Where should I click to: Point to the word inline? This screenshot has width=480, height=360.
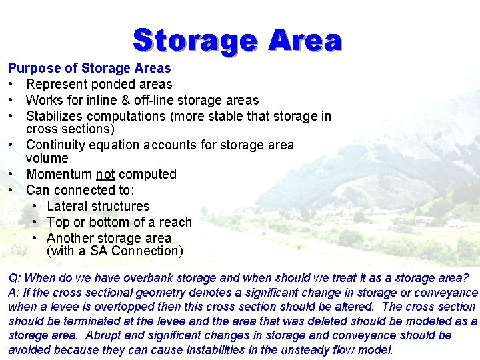pos(92,100)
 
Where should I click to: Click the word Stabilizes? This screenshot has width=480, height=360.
pos(57,116)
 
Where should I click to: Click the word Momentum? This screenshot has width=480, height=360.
pos(59,174)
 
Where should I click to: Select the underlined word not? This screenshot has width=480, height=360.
pos(105,174)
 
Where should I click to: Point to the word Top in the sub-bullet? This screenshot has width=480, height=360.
pos(58,222)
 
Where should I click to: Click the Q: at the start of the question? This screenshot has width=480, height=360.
pos(14,277)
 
